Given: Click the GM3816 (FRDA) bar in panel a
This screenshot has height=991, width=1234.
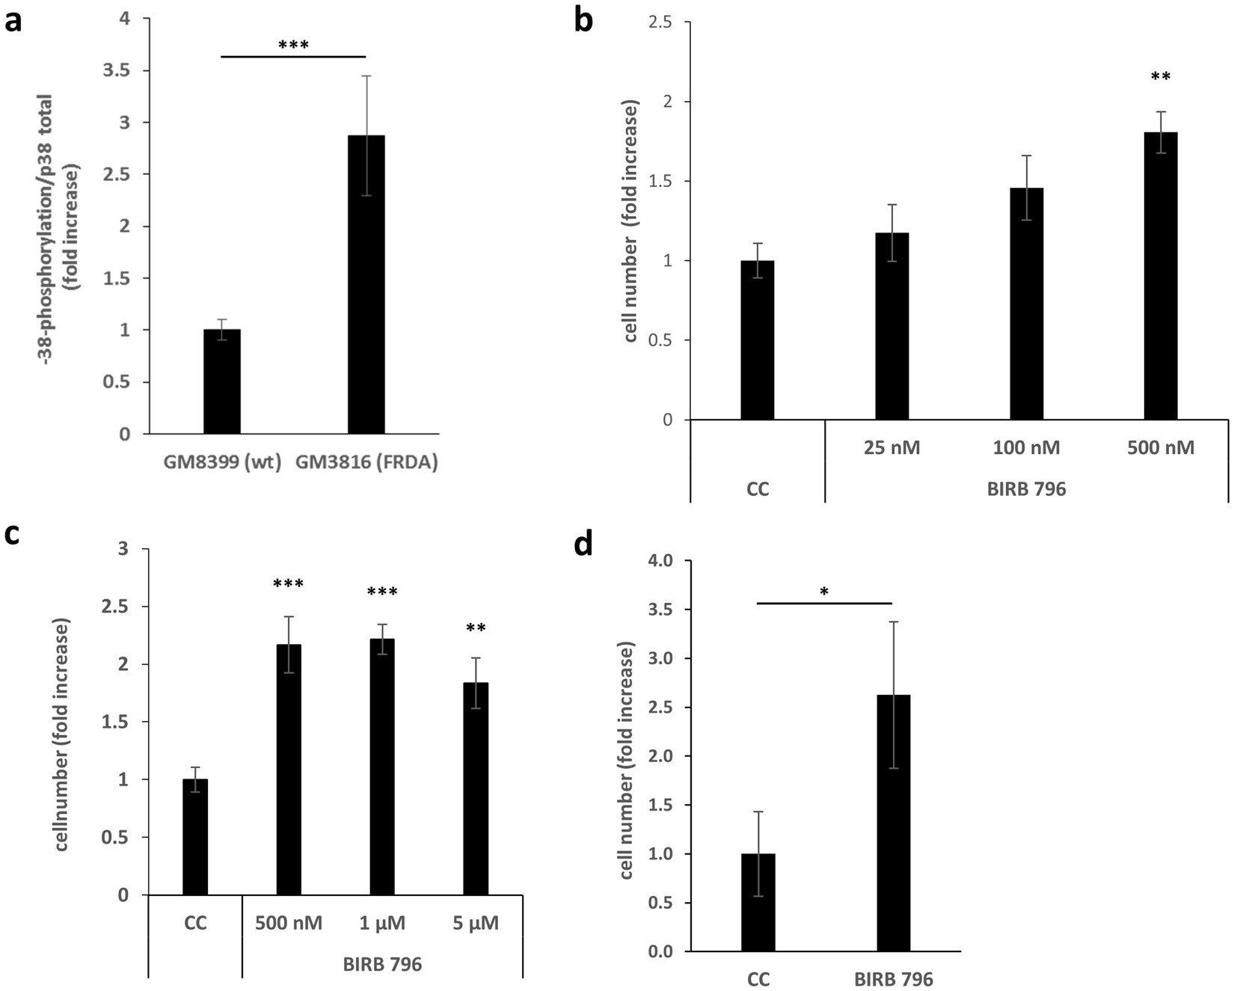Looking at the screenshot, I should [366, 284].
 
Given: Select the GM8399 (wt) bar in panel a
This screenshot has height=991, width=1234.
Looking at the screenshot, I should [222, 381].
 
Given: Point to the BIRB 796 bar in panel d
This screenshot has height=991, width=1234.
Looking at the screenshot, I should [894, 823].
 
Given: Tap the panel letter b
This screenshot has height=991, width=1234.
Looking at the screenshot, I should [583, 20].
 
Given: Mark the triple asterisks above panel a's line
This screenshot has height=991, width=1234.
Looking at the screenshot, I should [293, 46].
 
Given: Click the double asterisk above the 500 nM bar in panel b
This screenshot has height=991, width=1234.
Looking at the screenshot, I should [1161, 77].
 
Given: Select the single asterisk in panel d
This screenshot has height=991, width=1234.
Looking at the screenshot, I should [823, 592].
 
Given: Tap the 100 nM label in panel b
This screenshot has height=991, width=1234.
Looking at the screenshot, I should [1026, 448].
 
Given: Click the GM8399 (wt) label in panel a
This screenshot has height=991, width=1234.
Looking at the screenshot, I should [222, 462].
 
